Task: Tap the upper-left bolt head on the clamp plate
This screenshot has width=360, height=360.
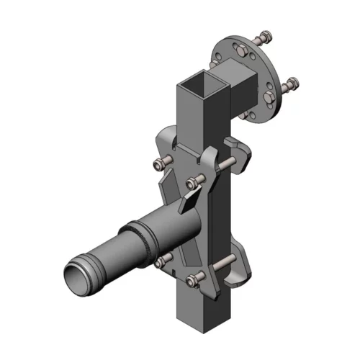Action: pyautogui.click(x=160, y=165)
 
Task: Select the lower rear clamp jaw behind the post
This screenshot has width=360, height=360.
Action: pyautogui.click(x=240, y=266)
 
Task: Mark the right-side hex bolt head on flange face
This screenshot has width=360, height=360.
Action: pyautogui.click(x=270, y=96)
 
